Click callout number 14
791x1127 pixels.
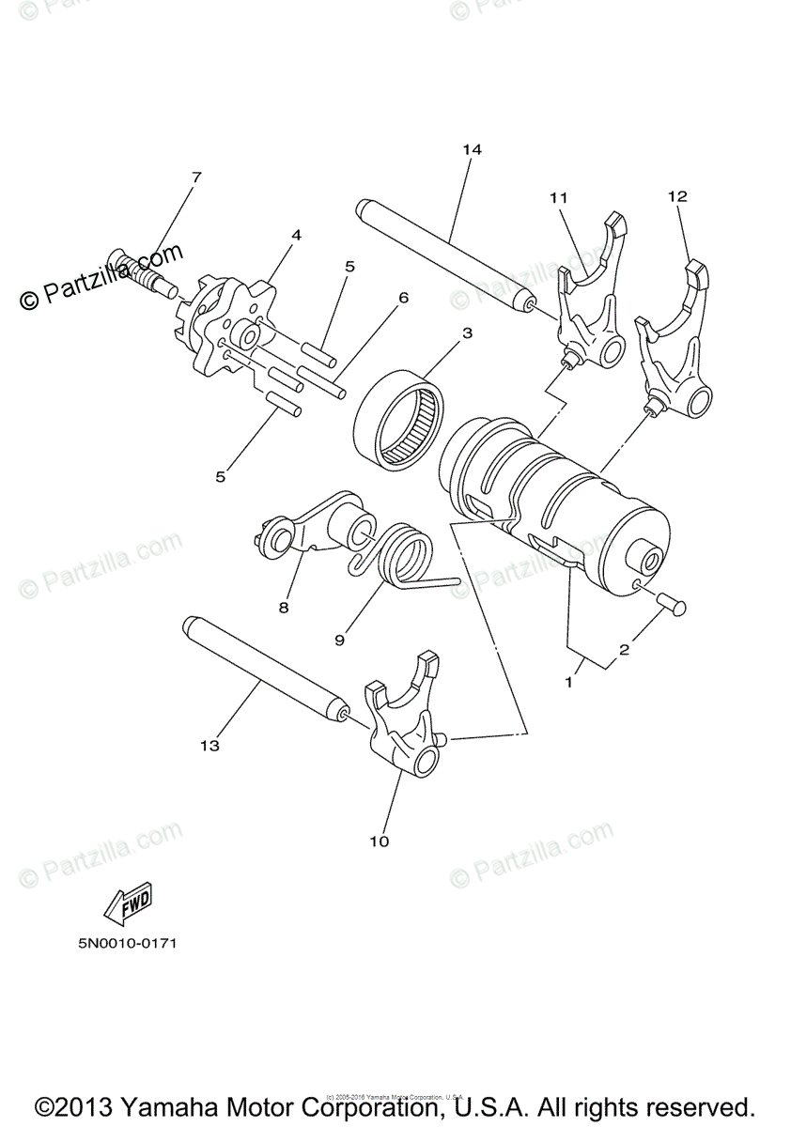point(471,149)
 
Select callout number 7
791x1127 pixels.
point(196,177)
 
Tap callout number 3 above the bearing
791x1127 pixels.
point(467,332)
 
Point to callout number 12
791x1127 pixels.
point(677,196)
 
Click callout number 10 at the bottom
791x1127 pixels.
point(379,841)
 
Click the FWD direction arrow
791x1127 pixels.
point(129,903)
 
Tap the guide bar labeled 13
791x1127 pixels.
point(263,670)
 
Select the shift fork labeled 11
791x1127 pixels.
point(587,301)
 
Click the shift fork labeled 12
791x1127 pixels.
point(675,347)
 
